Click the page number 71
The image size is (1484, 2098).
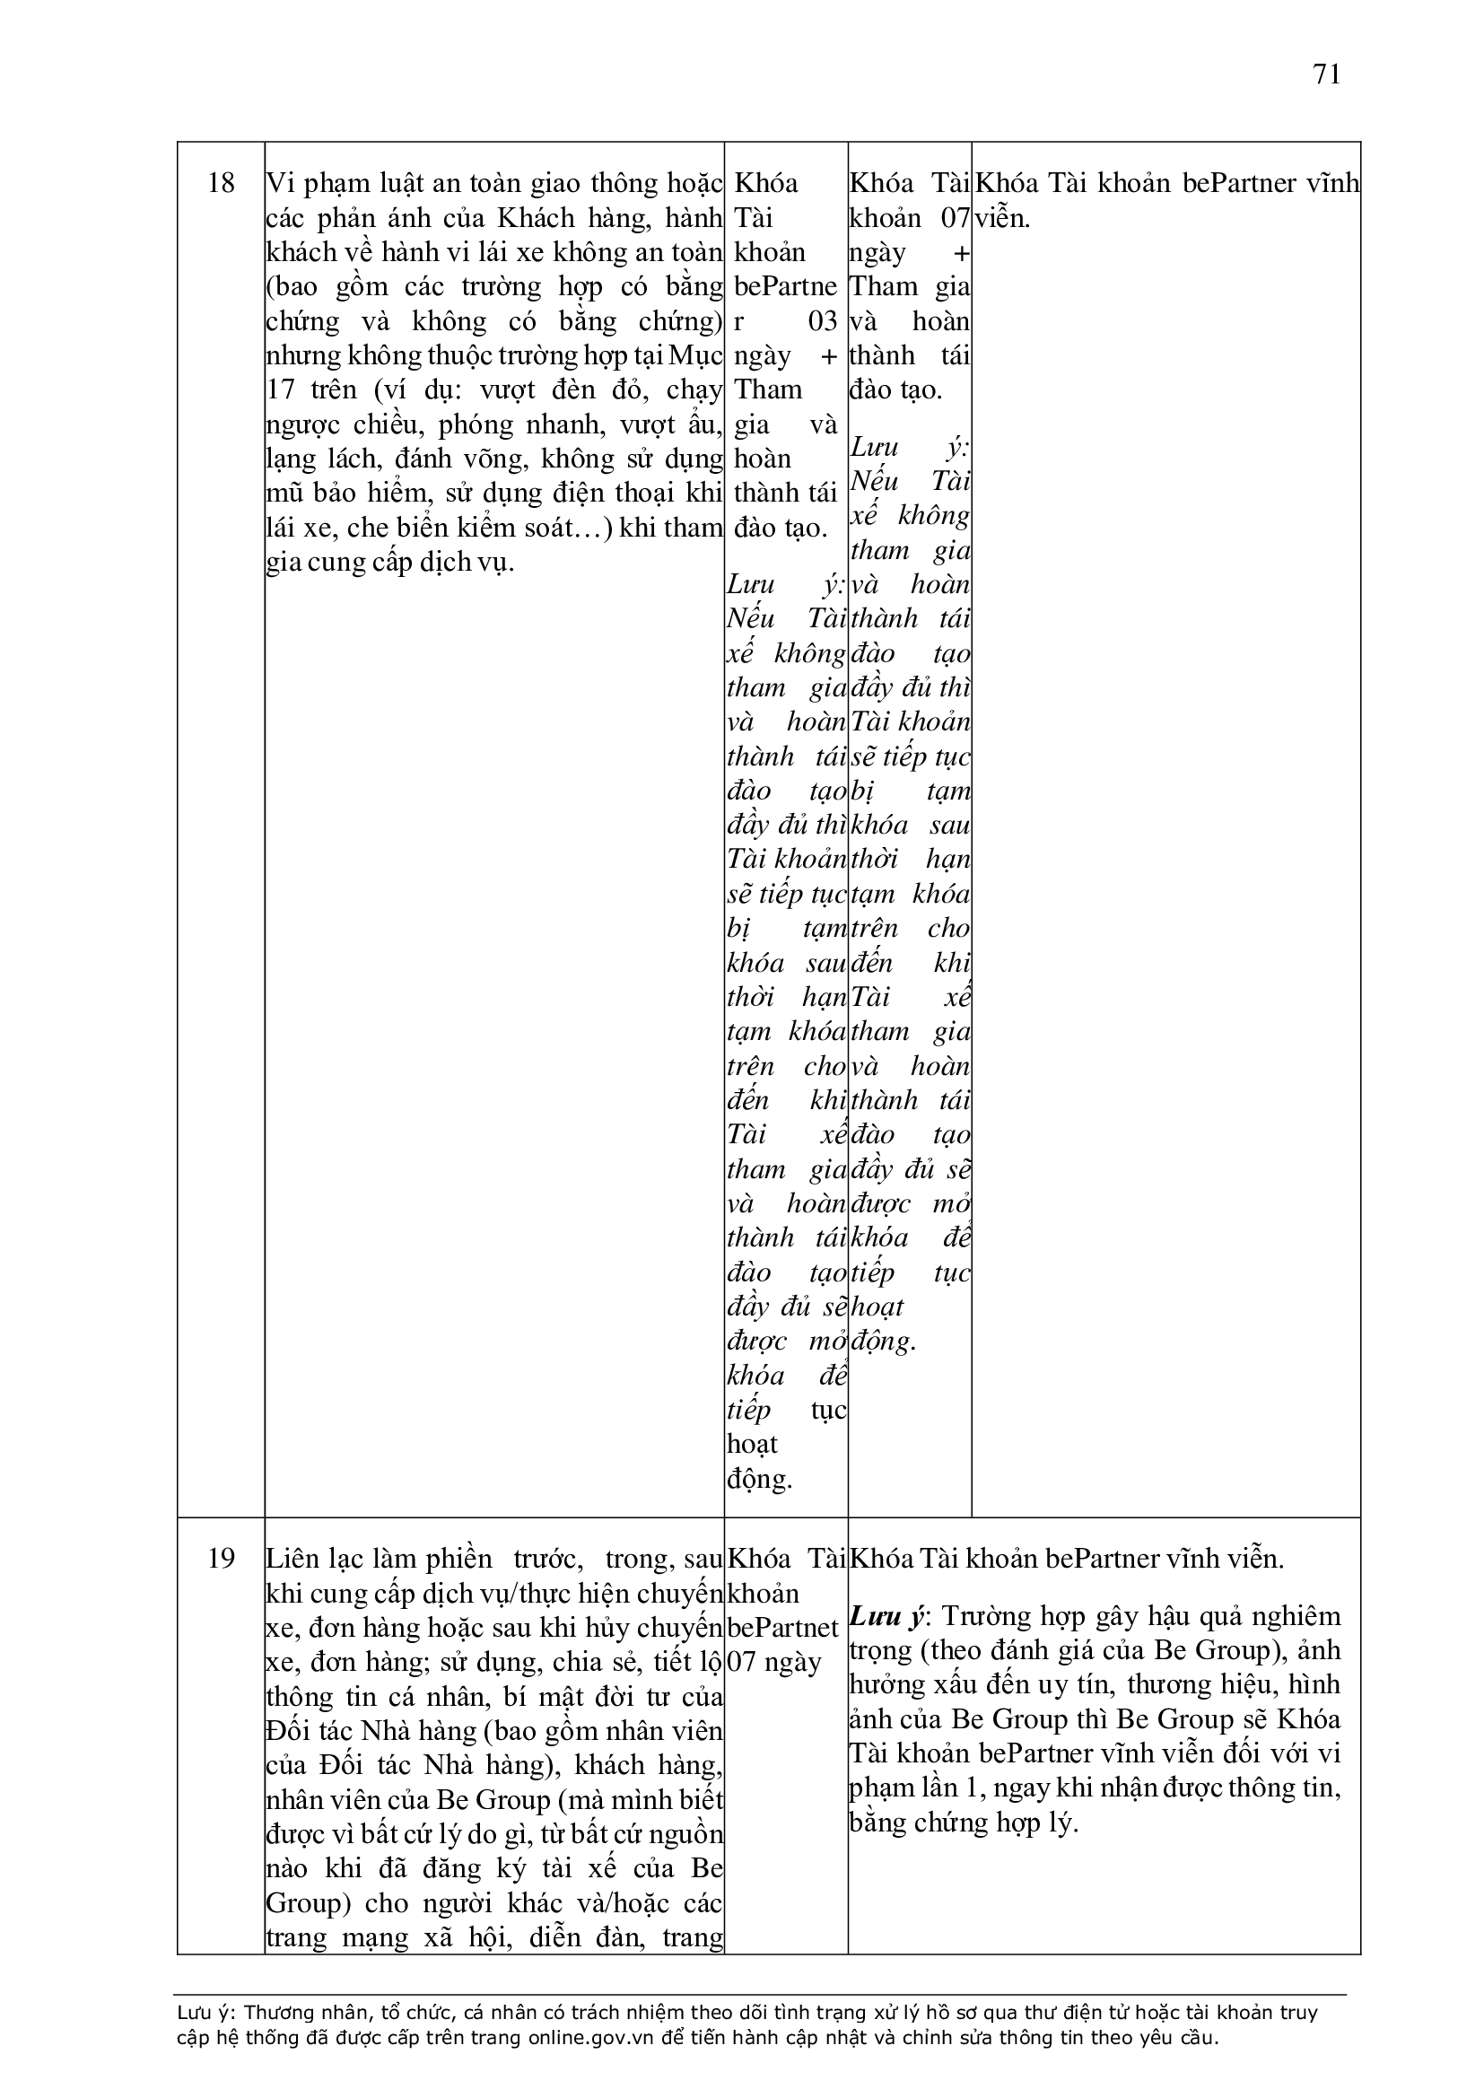coord(1327,74)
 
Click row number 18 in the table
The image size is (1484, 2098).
coord(221,184)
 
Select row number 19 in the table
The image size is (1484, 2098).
coord(221,1559)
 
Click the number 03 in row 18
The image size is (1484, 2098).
coord(823,321)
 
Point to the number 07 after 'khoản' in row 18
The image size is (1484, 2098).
coord(955,218)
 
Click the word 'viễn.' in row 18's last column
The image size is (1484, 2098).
coord(1002,218)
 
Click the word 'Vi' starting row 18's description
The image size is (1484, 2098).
coord(278,184)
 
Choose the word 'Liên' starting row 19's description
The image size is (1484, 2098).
coord(291,1559)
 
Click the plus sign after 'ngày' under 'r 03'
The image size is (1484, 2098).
coord(829,355)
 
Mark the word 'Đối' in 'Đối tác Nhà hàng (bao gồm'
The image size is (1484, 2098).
coord(291,1732)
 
